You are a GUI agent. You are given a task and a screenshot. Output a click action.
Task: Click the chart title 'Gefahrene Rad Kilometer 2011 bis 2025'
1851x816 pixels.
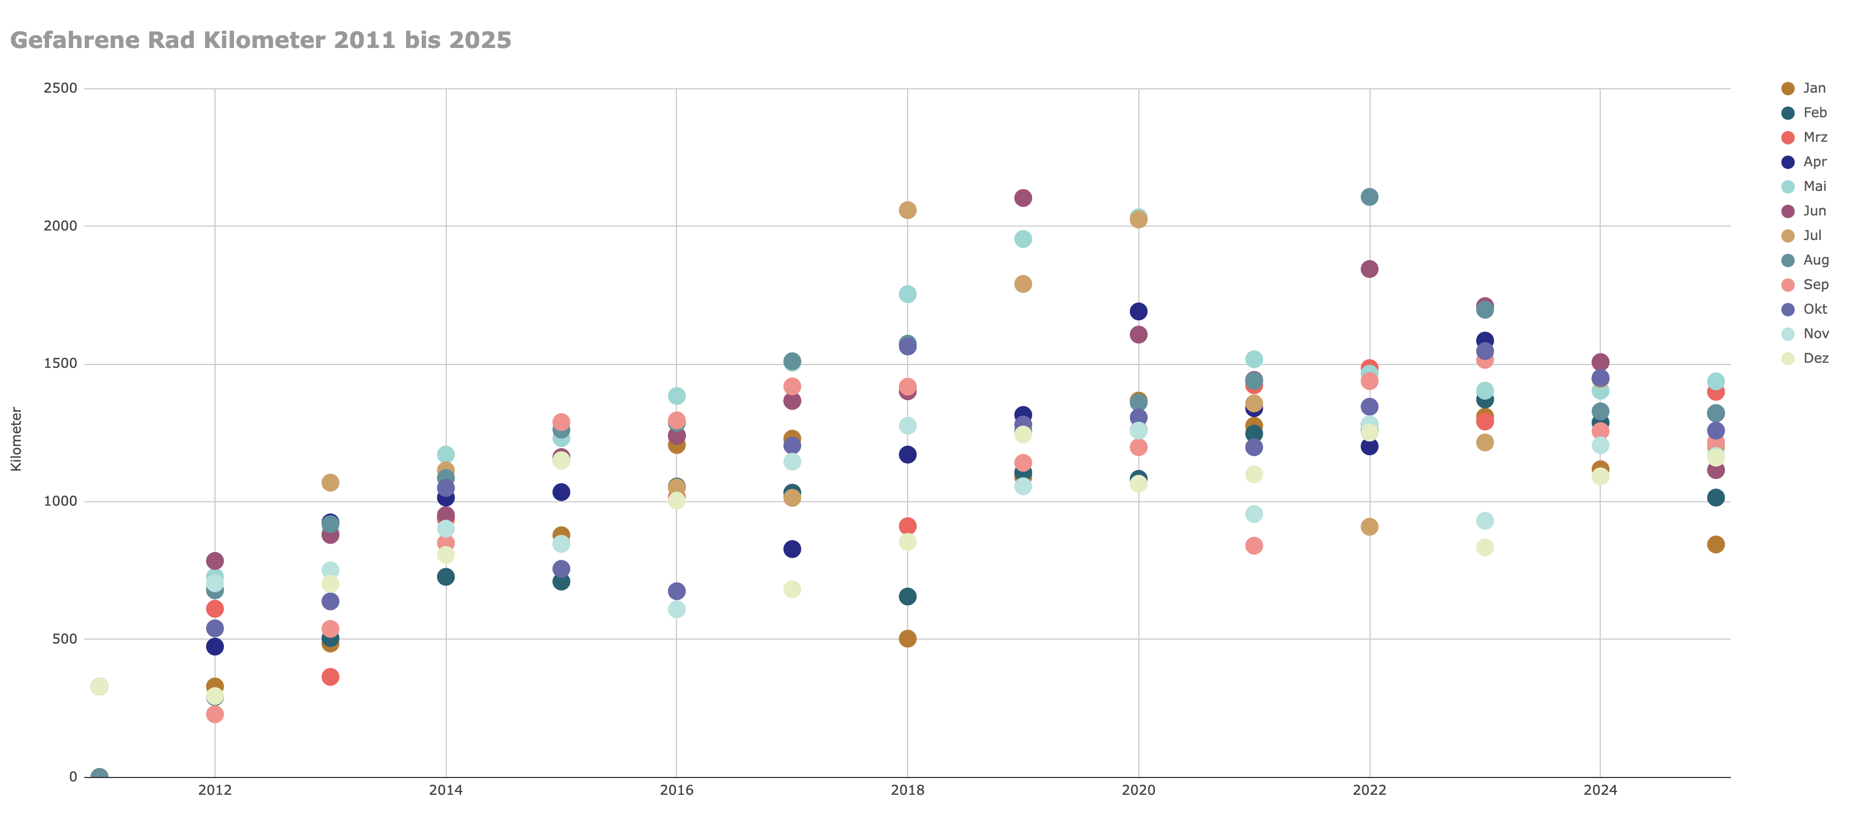click(260, 40)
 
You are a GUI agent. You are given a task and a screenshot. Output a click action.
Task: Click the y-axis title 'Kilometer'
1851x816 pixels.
click(16, 439)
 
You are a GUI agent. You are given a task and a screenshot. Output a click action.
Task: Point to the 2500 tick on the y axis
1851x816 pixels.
click(60, 88)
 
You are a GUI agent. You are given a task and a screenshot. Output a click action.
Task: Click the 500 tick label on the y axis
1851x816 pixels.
click(65, 639)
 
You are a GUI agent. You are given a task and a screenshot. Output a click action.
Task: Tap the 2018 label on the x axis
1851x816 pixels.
click(907, 791)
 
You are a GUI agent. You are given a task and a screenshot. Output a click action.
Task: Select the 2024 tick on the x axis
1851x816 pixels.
click(1600, 791)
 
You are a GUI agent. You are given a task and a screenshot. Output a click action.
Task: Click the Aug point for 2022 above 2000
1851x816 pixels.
click(1369, 197)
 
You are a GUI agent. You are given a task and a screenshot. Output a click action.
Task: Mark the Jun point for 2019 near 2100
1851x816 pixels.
click(1023, 198)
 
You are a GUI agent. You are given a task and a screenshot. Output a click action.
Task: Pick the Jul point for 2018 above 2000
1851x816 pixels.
click(907, 210)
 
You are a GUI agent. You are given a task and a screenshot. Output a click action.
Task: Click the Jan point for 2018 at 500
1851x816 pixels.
click(907, 639)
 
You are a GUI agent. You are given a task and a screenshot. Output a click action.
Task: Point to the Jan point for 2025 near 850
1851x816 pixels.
click(1715, 545)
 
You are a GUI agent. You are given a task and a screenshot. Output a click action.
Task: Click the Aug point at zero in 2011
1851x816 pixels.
click(99, 776)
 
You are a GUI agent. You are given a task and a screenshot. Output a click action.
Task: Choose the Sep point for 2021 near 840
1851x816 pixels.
click(1253, 546)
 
